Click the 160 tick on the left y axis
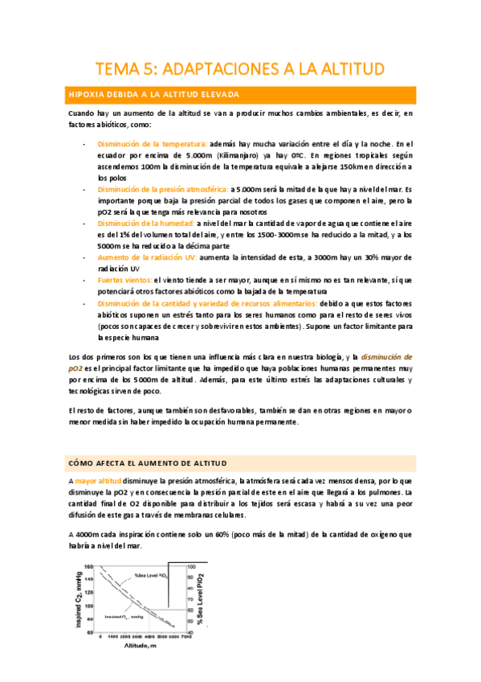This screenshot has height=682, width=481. [89, 565]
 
